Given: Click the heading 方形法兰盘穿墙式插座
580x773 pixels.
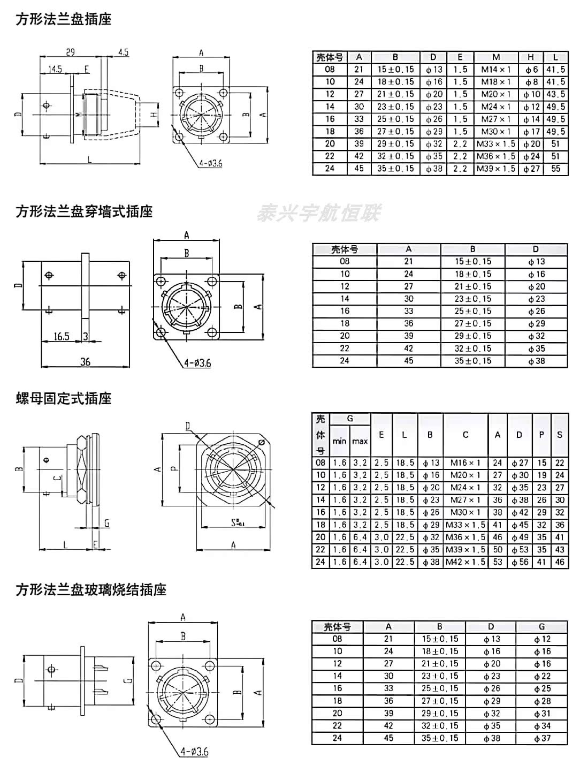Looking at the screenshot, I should click(84, 211).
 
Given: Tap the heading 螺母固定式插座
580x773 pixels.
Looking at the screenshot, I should click(64, 399).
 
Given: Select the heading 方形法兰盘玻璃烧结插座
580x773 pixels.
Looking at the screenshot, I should click(91, 590).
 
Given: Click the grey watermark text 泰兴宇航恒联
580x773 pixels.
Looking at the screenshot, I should click(319, 213).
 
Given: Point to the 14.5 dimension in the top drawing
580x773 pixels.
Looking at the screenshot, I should click(55, 70).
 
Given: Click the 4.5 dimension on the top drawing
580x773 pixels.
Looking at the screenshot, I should click(123, 52).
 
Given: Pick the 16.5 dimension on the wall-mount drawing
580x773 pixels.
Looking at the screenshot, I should click(62, 336).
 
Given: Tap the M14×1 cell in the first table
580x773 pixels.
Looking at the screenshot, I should click(496, 70).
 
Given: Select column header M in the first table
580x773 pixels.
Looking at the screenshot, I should click(496, 57).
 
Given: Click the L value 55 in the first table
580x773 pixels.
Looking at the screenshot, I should click(556, 168).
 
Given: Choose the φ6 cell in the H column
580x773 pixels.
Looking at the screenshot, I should click(531, 70).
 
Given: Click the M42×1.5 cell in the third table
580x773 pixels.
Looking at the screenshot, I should click(465, 562).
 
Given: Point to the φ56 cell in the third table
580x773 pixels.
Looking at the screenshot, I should click(520, 562).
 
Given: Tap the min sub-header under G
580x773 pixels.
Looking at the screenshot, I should click(339, 442).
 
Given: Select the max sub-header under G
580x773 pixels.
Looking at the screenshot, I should click(360, 442).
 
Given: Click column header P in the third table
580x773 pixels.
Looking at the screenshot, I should click(541, 435).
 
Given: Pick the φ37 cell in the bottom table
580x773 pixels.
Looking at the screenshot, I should click(542, 738).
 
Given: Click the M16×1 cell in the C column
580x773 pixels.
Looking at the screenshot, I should click(465, 463).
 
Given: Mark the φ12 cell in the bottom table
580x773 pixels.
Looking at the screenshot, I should click(542, 639).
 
